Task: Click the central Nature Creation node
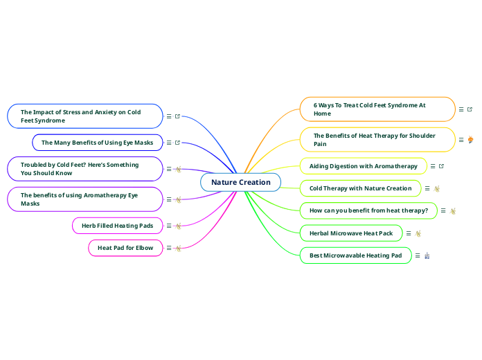[240, 182]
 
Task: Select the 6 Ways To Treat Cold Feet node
[377, 109]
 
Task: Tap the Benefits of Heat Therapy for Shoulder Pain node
[377, 140]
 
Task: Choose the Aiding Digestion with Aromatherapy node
[363, 166]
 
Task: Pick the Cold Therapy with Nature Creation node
[360, 188]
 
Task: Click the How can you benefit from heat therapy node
[368, 210]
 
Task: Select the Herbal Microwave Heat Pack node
[350, 233]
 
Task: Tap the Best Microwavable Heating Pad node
[355, 255]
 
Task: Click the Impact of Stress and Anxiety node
[84, 116]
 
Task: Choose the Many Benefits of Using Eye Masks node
[97, 143]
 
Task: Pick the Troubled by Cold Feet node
[84, 169]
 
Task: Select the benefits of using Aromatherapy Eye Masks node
[84, 199]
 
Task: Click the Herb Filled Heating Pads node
[117, 226]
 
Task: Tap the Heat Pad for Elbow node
[125, 248]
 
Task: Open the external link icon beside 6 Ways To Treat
[470, 109]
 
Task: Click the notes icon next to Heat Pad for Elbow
[169, 248]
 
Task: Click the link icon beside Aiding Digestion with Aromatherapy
[442, 166]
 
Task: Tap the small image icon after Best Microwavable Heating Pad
[427, 255]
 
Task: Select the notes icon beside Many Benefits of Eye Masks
[169, 143]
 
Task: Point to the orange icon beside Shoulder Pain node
[471, 140]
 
